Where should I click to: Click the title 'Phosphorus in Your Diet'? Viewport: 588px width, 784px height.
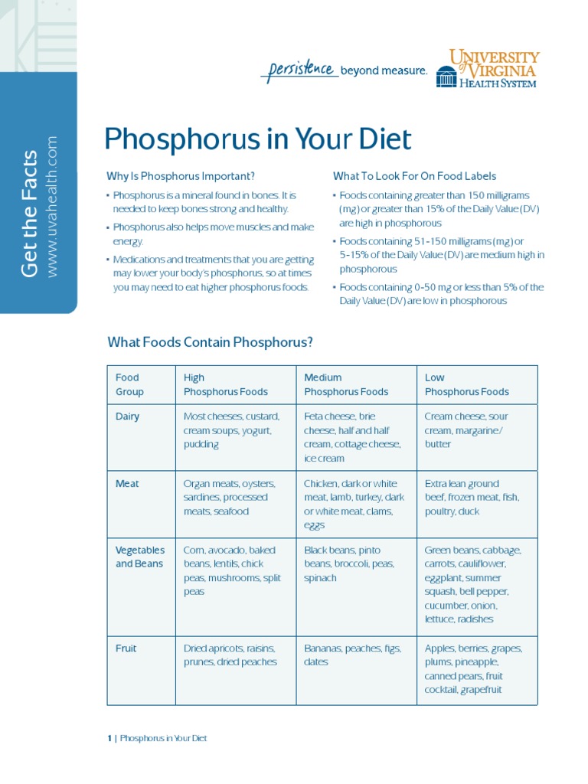pos(257,140)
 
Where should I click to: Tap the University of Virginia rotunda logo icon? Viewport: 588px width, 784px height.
pos(446,76)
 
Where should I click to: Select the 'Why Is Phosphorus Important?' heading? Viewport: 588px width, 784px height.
pos(181,176)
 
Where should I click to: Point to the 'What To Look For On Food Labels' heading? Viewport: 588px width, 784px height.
pos(414,176)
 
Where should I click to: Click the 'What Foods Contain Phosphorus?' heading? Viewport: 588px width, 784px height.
pos(211,342)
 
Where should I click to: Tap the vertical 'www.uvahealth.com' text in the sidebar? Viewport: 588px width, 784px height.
pos(52,207)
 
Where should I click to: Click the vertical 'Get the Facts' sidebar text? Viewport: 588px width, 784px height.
pos(29,214)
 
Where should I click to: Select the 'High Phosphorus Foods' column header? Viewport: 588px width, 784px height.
pos(225,384)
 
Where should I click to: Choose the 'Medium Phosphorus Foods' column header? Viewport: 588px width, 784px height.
pos(346,384)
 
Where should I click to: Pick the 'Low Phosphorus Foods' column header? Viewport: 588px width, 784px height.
pos(466,384)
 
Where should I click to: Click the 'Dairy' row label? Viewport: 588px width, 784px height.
pos(127,416)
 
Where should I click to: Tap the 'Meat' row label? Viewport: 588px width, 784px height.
pos(126,484)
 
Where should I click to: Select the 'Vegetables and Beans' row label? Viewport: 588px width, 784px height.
pos(139,557)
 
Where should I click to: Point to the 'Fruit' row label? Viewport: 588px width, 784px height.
pos(126,648)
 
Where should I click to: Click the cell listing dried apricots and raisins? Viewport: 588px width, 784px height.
pos(230,655)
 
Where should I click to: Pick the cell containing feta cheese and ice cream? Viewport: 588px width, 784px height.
pos(352,437)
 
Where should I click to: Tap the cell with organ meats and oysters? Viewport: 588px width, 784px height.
pos(230,498)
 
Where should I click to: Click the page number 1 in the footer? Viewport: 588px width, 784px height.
pos(109,739)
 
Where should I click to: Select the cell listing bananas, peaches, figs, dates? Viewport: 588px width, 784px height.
pos(352,655)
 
